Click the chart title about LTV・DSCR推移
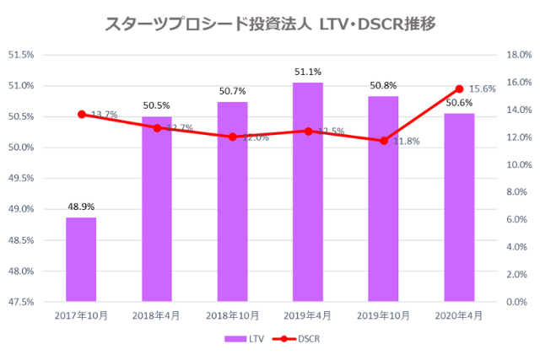click(x=270, y=24)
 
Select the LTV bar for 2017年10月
click(x=81, y=259)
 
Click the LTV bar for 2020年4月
click(x=459, y=207)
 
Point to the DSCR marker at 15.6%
click(x=459, y=89)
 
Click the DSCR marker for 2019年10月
click(x=384, y=141)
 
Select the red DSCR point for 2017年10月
click(x=81, y=114)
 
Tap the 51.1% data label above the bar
click(x=308, y=73)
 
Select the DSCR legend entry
click(x=301, y=339)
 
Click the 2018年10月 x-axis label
click(x=232, y=315)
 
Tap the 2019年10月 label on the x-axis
click(x=384, y=315)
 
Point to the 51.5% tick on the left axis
click(x=21, y=55)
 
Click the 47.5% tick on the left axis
click(x=21, y=302)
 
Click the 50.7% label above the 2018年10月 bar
click(x=232, y=91)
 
